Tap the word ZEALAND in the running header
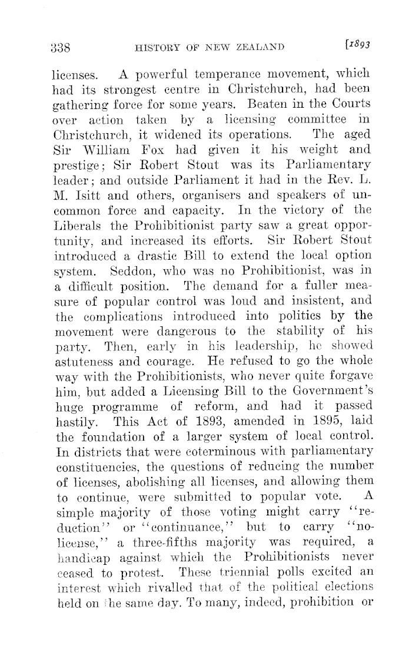coord(258,48)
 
